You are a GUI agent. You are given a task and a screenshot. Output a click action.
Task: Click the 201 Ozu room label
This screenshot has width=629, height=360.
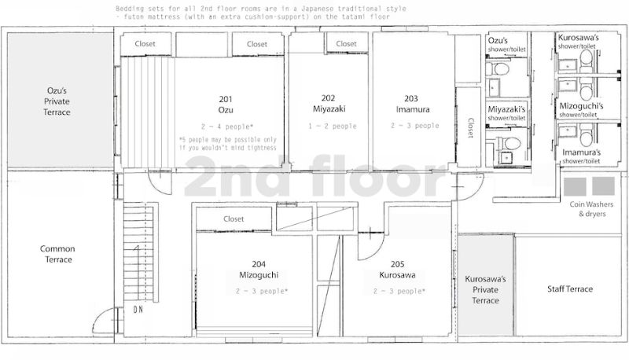click(x=226, y=105)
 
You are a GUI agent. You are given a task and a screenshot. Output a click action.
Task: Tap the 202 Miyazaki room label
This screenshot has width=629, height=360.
click(x=329, y=104)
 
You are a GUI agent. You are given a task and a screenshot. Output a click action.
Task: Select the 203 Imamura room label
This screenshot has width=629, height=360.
click(x=412, y=104)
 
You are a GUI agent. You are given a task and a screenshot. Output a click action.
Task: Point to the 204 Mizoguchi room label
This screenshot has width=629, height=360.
click(x=259, y=270)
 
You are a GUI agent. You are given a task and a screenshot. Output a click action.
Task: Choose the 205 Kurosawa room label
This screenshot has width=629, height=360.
click(x=397, y=270)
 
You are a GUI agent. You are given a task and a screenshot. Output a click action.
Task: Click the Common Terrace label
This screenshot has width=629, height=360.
click(x=57, y=254)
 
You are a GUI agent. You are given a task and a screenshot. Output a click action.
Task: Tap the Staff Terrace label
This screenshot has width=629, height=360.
click(x=570, y=288)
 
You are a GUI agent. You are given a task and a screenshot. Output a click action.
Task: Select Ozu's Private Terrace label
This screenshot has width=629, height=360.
click(x=57, y=101)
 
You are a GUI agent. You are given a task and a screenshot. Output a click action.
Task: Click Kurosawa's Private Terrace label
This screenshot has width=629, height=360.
click(x=485, y=289)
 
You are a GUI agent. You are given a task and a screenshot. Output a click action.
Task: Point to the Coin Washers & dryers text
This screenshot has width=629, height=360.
click(x=592, y=209)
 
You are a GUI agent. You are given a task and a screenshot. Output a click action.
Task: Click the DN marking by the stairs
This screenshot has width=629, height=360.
click(x=138, y=310)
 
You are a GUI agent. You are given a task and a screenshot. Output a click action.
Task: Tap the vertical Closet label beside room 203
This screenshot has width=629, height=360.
click(x=471, y=127)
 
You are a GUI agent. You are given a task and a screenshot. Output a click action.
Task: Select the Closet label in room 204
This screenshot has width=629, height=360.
click(x=234, y=219)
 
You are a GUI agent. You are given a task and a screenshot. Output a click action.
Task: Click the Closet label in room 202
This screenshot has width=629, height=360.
click(x=346, y=43)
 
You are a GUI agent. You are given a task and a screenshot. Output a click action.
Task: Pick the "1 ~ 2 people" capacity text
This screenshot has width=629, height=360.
click(x=332, y=126)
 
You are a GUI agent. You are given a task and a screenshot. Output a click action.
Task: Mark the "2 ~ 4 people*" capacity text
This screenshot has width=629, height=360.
click(x=227, y=127)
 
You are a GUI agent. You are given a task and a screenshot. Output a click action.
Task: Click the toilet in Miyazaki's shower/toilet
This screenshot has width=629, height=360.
click(x=509, y=143)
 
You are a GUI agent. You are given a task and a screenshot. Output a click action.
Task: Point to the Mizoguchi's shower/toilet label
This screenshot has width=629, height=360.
click(x=581, y=110)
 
